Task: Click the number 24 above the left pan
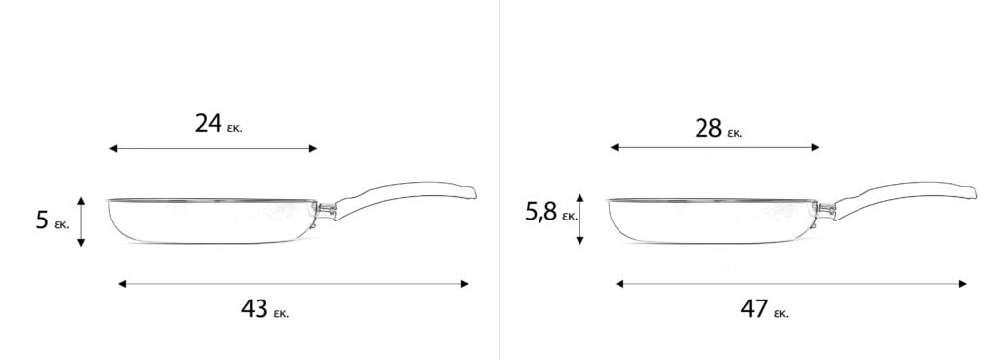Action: (x=208, y=123)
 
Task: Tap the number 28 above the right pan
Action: (x=708, y=128)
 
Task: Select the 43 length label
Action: (x=255, y=309)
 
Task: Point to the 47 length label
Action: (x=754, y=309)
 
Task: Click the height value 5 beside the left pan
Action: (x=42, y=220)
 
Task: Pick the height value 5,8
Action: (x=540, y=212)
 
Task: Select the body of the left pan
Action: (x=212, y=221)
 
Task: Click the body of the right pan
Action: (x=712, y=221)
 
